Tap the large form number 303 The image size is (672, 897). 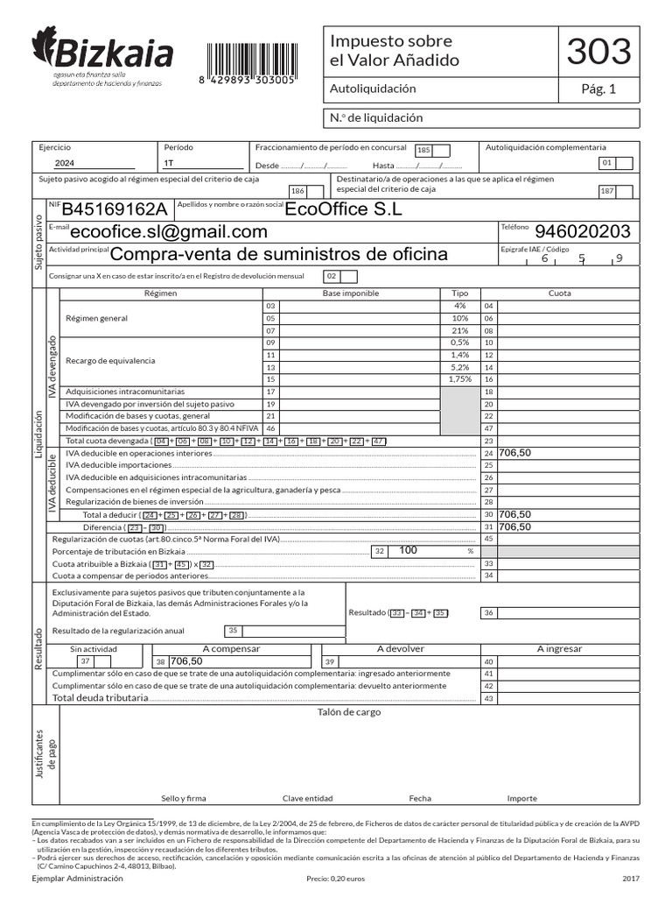click(598, 52)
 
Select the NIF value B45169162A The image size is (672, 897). click(114, 209)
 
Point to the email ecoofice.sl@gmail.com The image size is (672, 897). click(169, 231)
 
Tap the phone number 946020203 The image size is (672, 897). click(582, 231)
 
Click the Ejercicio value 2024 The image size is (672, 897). click(65, 164)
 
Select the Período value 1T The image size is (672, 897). click(168, 164)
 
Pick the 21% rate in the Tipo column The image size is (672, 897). click(460, 331)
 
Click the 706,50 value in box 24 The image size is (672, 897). click(515, 453)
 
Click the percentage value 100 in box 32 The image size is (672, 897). click(409, 551)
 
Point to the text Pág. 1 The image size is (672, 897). click(598, 88)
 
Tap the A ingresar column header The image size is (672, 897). click(559, 649)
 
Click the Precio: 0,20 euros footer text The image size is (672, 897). click(336, 878)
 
